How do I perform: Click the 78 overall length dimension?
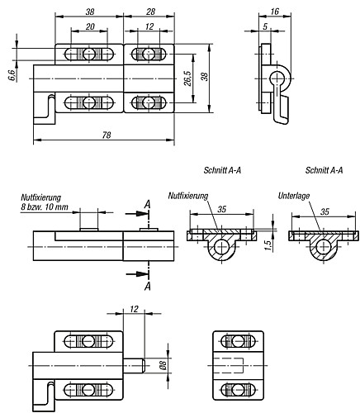tap(107, 135)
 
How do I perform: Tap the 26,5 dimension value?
tap(188, 78)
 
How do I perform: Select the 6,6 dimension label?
tap(12, 75)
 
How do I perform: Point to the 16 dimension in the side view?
tap(275, 12)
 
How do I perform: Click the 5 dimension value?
tap(265, 26)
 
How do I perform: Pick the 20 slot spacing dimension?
tap(90, 26)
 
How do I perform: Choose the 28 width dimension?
tap(150, 12)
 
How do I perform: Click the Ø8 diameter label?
tap(163, 365)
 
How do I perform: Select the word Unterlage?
tap(294, 196)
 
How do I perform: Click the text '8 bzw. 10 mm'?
tap(45, 206)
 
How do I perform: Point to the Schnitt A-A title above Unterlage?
tap(324, 170)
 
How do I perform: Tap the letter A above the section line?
tap(148, 205)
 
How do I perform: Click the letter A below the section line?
tap(148, 287)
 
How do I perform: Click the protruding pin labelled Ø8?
tap(134, 365)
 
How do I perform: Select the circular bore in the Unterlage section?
tap(324, 247)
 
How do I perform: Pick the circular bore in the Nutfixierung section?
tap(221, 247)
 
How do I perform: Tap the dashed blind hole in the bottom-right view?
tap(229, 365)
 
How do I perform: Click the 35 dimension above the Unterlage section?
tap(324, 211)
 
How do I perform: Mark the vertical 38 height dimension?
tap(204, 77)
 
